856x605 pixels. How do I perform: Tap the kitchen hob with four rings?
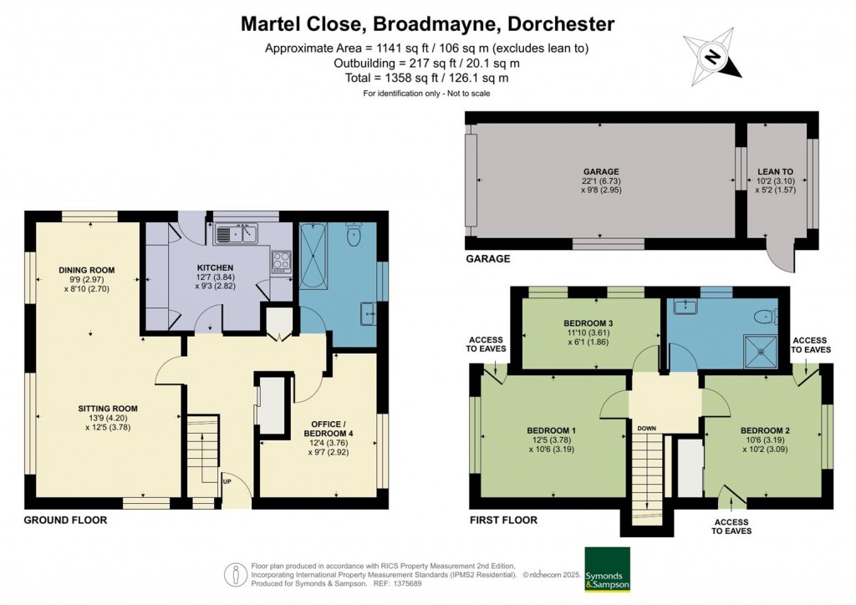pos(281,262)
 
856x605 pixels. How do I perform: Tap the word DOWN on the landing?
pos(646,429)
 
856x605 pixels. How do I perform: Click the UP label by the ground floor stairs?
pos(227,482)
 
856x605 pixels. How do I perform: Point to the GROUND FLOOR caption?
pos(66,520)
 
